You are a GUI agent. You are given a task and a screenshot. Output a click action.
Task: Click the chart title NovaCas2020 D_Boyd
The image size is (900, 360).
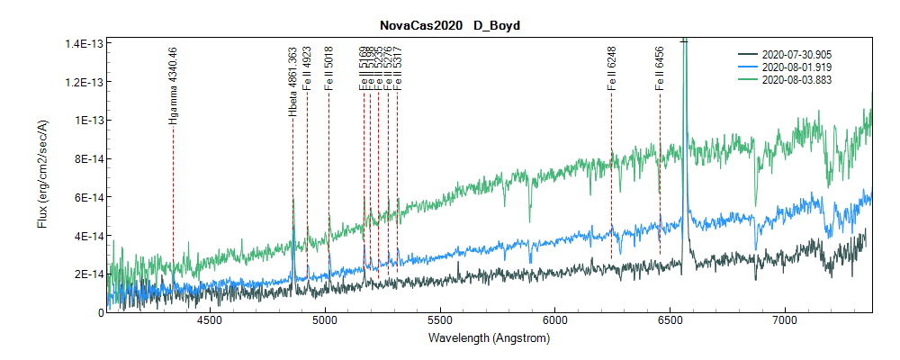(448, 25)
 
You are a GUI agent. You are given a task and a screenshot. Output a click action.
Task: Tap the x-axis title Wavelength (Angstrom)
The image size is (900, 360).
(490, 339)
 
